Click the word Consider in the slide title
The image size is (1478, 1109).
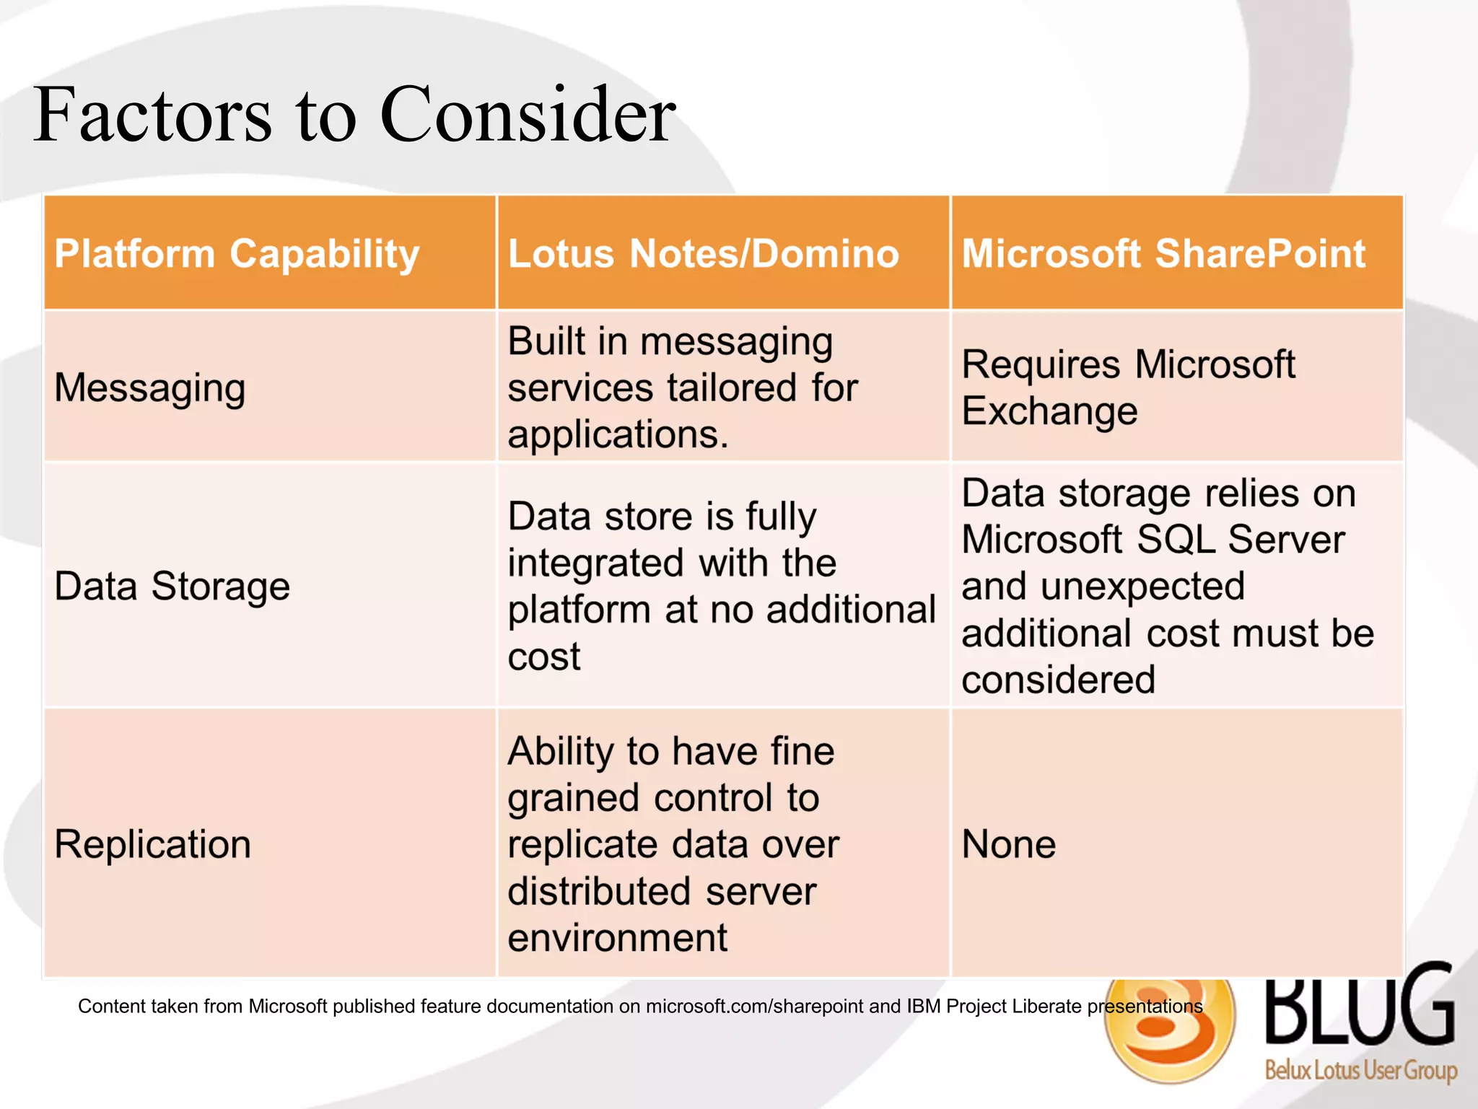tap(528, 115)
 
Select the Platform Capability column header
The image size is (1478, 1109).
tap(237, 254)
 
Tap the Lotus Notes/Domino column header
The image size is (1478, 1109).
tap(704, 254)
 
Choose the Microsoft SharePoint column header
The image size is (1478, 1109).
tap(1163, 254)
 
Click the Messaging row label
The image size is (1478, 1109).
tap(150, 388)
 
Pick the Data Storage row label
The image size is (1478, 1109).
tap(172, 586)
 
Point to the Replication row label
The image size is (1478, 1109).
tap(153, 844)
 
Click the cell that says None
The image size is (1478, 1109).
tap(1008, 844)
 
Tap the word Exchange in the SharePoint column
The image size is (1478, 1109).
tap(1049, 411)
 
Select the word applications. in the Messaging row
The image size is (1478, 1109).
tap(618, 434)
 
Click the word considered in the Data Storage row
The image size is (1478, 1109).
tap(1058, 680)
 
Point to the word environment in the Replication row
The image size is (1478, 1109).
tap(618, 938)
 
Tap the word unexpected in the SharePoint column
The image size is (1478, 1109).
tap(1142, 586)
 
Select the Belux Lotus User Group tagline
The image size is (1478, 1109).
tap(1360, 1069)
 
